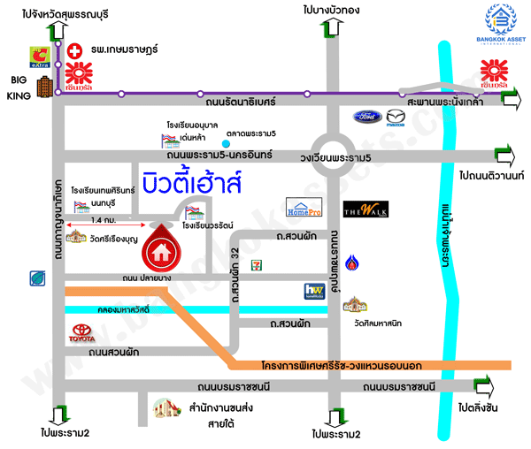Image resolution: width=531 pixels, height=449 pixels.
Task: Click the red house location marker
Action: click(162, 247)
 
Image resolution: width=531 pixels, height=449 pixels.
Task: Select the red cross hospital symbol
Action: click(76, 50)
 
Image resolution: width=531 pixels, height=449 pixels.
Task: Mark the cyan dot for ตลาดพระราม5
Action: click(227, 143)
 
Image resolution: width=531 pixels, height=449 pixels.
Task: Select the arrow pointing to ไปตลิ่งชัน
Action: click(484, 385)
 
